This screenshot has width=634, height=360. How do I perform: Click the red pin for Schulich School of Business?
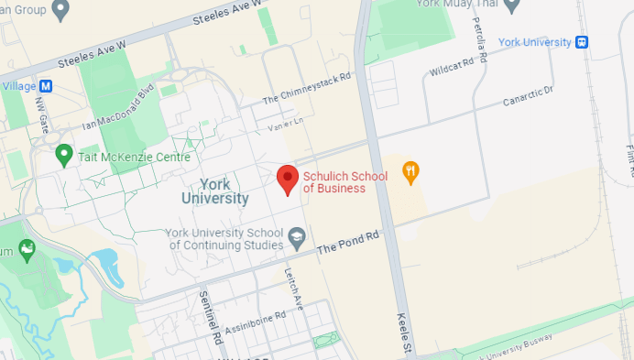click(289, 179)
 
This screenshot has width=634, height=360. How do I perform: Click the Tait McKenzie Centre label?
click(122, 156)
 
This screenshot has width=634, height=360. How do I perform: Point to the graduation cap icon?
click(297, 238)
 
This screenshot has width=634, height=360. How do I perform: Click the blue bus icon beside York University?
click(581, 42)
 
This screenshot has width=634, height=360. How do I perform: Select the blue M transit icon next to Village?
click(46, 86)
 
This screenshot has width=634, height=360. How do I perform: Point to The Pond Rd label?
click(348, 242)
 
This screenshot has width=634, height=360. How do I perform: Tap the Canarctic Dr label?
click(529, 96)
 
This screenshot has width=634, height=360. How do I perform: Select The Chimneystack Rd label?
click(307, 89)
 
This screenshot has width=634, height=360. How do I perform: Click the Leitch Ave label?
click(292, 289)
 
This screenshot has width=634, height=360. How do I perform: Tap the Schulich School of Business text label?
click(345, 182)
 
